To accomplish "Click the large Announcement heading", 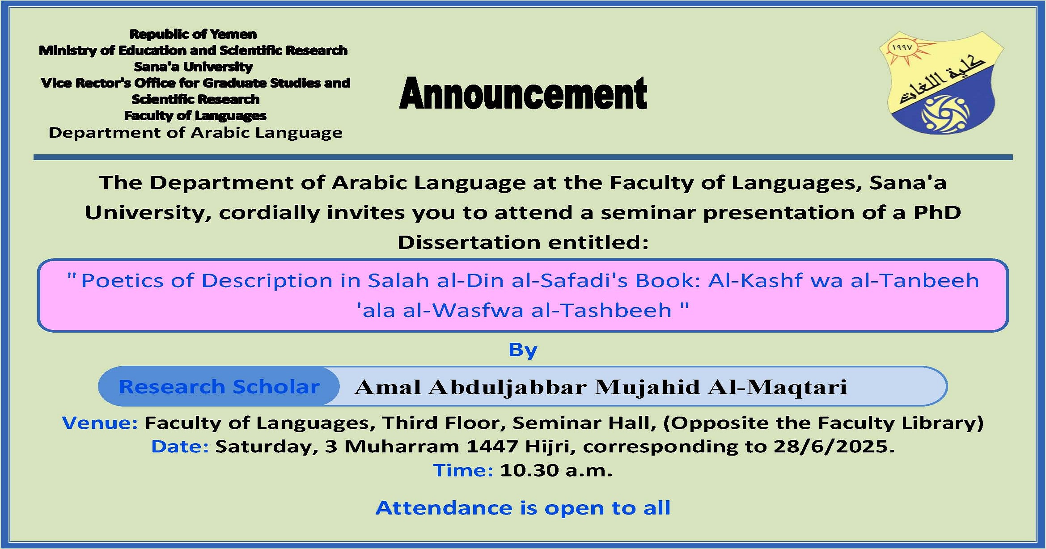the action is click(x=523, y=93).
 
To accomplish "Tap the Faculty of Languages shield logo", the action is click(x=941, y=83).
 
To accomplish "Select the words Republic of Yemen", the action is click(x=193, y=34).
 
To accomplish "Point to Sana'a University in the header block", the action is click(x=193, y=67).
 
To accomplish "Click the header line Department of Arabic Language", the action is click(x=195, y=133).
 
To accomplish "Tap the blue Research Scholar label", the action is click(x=219, y=387).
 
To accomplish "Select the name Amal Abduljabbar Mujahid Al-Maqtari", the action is click(x=601, y=387).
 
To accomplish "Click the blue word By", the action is click(x=523, y=350).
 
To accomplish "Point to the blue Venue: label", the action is click(x=100, y=422).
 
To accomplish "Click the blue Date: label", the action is click(x=180, y=446).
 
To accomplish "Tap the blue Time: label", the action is click(x=463, y=470).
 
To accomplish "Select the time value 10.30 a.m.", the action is click(x=556, y=470).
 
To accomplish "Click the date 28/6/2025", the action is click(x=834, y=446).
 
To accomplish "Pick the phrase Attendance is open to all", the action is click(x=523, y=508).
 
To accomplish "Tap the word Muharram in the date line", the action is click(x=402, y=446).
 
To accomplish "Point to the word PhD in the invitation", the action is click(x=937, y=212).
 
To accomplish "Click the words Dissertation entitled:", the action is click(x=523, y=242).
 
